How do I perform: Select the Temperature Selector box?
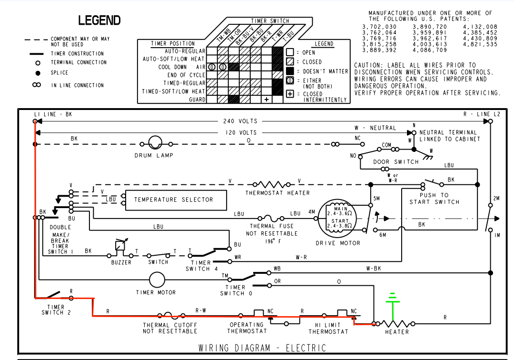coord(173,200)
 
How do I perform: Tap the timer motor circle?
coord(156,280)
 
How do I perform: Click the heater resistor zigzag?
coord(396,323)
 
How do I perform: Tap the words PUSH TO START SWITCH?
coord(434,199)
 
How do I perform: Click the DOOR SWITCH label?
coord(395,162)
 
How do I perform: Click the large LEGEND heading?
coord(99,20)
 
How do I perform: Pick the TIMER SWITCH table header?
coord(269,21)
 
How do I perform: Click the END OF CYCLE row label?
coord(186,75)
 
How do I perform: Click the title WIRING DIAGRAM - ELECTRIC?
coord(262,348)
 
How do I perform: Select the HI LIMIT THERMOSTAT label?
coord(328,328)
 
